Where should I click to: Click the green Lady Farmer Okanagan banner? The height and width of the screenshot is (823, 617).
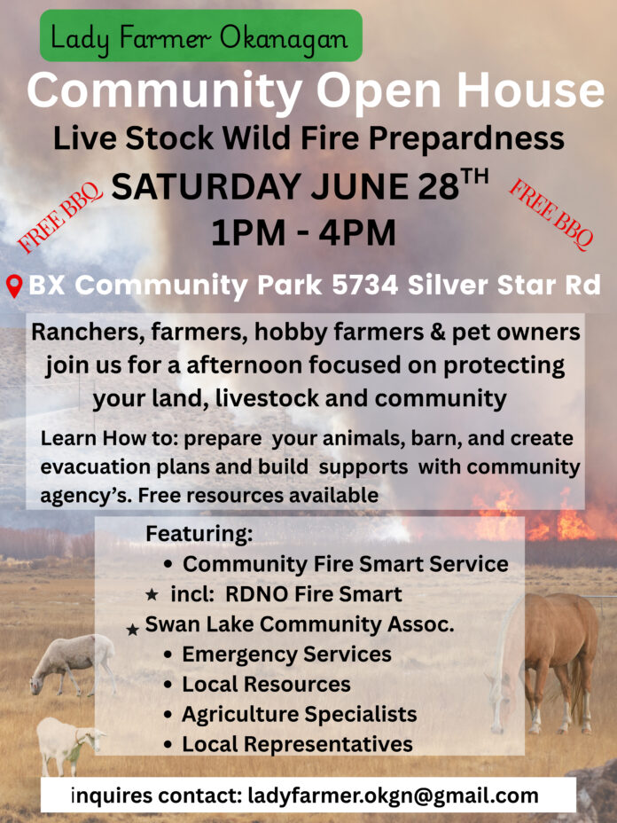(201, 35)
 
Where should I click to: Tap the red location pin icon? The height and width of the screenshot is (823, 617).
(14, 286)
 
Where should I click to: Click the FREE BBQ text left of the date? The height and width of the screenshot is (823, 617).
(59, 216)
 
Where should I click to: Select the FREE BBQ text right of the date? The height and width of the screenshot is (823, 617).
(551, 214)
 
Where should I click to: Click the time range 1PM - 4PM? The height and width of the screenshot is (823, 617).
(303, 233)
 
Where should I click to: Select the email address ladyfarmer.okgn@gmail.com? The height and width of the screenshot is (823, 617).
(393, 796)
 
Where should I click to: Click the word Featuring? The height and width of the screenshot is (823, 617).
(199, 533)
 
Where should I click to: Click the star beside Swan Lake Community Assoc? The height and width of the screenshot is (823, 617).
(133, 630)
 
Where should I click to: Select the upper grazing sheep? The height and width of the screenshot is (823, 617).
(72, 662)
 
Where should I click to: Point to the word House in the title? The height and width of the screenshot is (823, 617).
(530, 90)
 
